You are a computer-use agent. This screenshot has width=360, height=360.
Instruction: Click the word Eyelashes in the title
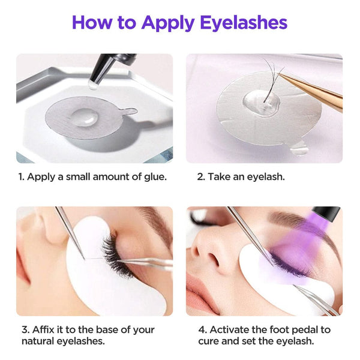click(244, 22)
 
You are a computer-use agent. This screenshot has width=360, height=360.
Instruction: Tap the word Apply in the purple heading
click(168, 23)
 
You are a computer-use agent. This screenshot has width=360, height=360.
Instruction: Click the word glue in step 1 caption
click(155, 177)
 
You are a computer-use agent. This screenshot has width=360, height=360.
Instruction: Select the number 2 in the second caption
click(200, 177)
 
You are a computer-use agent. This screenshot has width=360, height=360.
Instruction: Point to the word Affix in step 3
click(43, 329)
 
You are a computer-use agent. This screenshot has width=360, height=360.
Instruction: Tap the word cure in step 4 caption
click(209, 341)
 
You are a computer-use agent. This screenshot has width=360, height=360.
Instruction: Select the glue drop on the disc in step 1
click(85, 116)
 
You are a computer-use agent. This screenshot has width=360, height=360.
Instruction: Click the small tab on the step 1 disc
click(131, 112)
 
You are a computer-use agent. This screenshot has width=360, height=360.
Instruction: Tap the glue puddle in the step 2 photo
click(262, 103)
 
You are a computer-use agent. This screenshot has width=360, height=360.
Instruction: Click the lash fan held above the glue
click(272, 78)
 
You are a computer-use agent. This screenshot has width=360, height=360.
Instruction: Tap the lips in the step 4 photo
click(199, 295)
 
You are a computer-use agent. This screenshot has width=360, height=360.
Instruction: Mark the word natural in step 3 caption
click(37, 341)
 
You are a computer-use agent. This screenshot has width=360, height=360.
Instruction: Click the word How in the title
click(92, 22)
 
